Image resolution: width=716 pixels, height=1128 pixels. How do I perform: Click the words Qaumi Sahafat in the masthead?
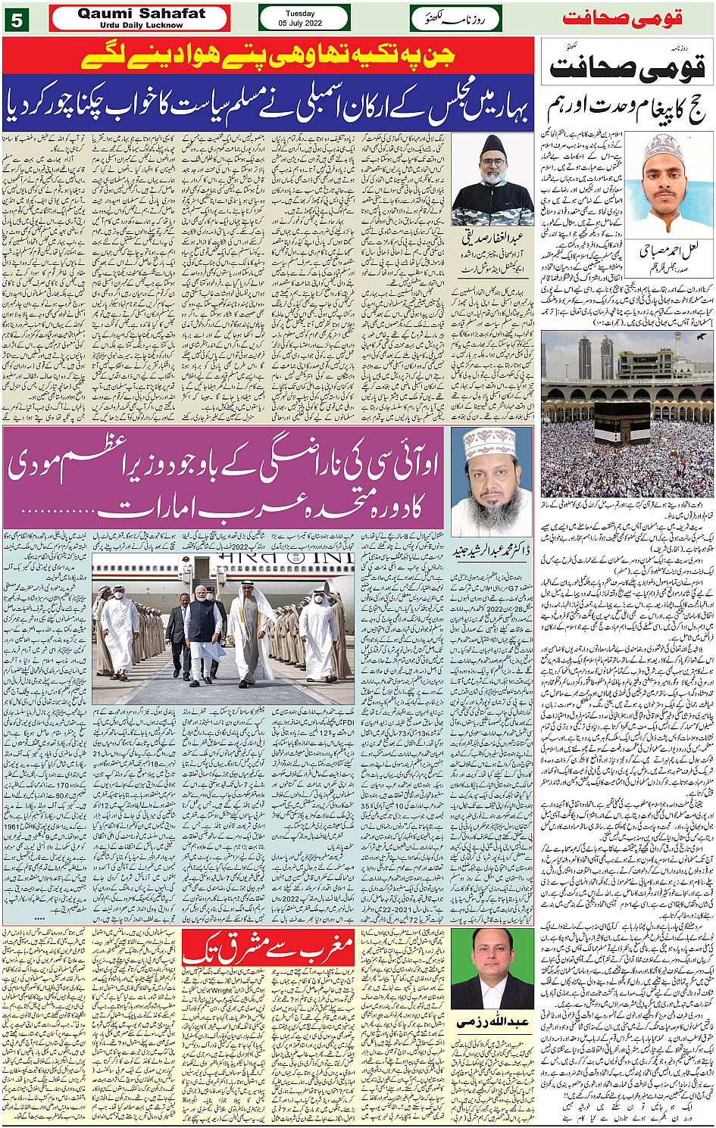tap(141, 14)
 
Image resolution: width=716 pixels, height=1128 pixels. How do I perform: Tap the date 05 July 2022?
tap(300, 23)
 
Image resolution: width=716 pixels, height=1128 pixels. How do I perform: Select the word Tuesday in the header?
tap(300, 13)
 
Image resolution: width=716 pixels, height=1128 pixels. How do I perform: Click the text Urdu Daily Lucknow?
tap(141, 25)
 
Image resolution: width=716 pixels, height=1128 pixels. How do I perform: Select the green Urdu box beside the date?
tap(455, 18)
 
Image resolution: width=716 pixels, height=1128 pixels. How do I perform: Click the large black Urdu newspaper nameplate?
tap(627, 67)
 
